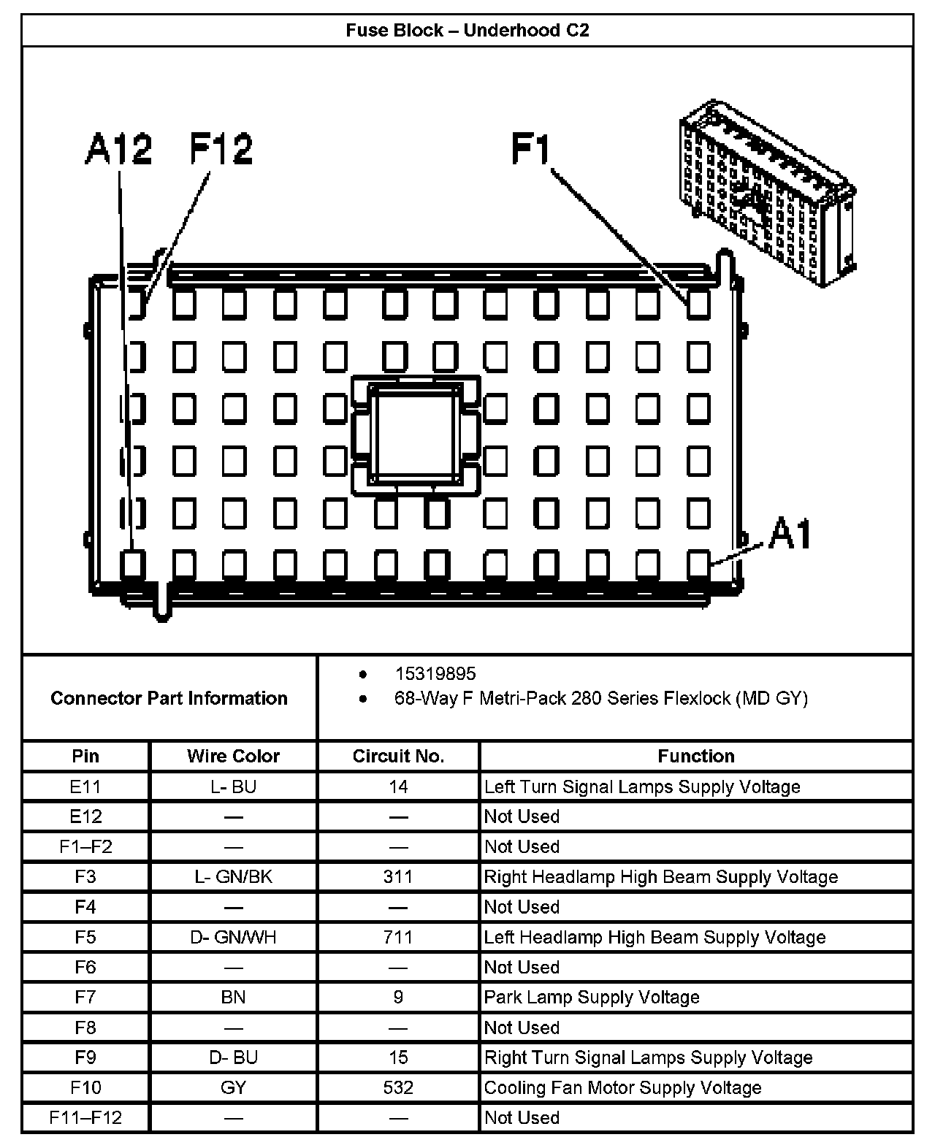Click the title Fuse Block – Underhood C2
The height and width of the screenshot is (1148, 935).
(x=467, y=31)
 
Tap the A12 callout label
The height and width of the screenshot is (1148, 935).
(x=118, y=149)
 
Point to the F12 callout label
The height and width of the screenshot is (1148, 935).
(x=221, y=149)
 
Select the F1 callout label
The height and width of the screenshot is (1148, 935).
(x=531, y=149)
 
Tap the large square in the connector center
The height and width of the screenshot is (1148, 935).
(x=416, y=436)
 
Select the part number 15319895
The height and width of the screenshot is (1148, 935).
(x=435, y=673)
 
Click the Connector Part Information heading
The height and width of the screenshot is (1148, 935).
(x=169, y=698)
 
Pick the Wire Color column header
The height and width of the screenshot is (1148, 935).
(x=233, y=756)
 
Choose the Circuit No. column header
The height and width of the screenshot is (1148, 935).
(x=398, y=756)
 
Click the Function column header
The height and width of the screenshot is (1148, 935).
(x=695, y=756)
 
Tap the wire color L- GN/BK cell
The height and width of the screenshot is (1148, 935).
(x=233, y=876)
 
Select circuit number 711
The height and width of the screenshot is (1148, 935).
(x=398, y=937)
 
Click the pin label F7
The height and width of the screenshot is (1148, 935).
(x=85, y=997)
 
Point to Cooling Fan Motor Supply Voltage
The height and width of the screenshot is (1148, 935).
(x=622, y=1087)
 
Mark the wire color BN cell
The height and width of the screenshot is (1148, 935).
(x=233, y=997)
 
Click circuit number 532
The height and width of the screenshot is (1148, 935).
(x=398, y=1087)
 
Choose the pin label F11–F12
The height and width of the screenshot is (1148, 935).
(x=85, y=1117)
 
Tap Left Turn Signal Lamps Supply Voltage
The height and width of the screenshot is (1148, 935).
(x=642, y=787)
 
